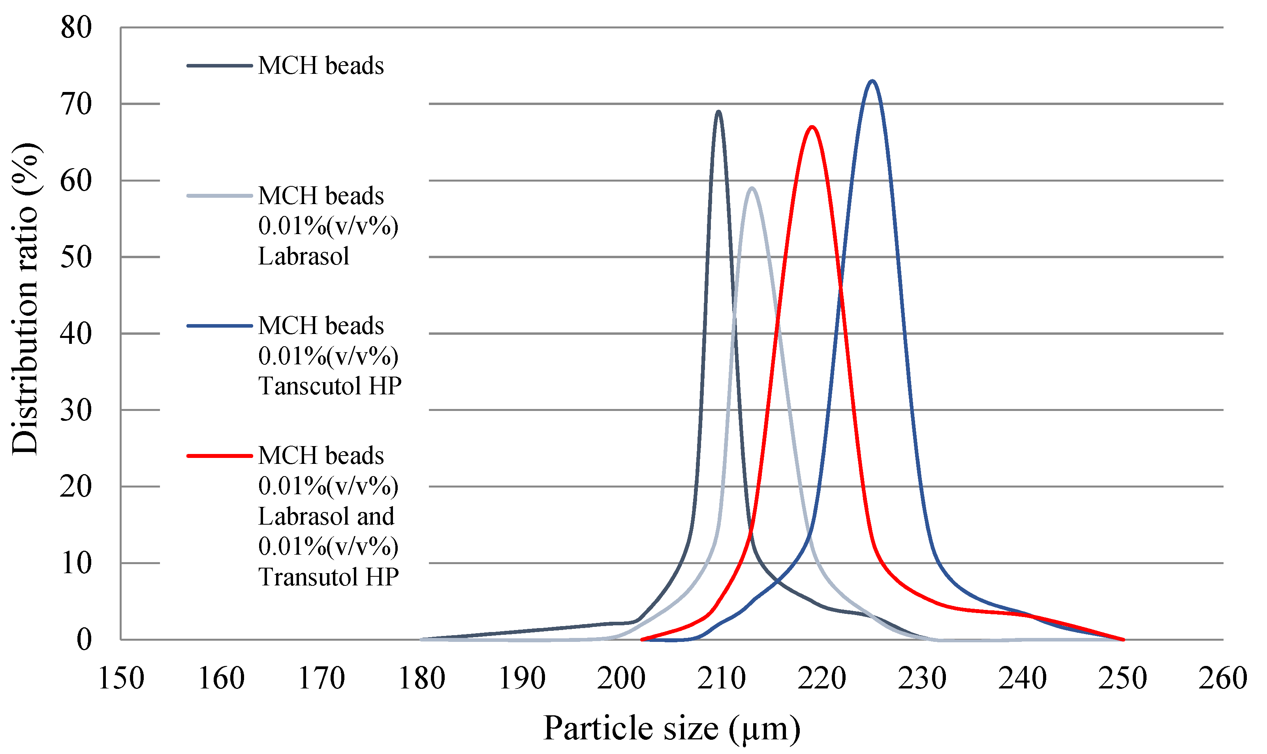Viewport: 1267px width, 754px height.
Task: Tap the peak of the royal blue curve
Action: tap(872, 81)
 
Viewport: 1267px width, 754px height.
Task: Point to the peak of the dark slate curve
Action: tap(718, 111)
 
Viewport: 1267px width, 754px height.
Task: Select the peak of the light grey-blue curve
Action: tap(751, 188)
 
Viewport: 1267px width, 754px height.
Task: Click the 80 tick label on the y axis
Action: tap(76, 28)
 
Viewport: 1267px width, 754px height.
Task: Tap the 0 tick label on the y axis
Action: tap(84, 640)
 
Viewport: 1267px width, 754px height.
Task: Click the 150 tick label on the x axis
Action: tap(121, 678)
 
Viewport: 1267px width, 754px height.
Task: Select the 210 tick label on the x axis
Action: tap(722, 678)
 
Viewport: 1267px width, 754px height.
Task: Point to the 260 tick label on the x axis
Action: tap(1223, 678)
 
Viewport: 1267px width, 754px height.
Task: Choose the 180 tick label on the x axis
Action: tap(421, 678)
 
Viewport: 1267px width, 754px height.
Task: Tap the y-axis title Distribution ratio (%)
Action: tap(25, 299)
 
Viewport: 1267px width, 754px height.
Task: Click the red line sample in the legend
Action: tap(220, 456)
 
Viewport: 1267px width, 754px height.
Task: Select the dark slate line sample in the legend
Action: tap(220, 66)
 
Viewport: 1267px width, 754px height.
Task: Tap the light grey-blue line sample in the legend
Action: tap(220, 196)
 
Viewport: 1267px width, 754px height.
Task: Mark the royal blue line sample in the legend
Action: tap(220, 326)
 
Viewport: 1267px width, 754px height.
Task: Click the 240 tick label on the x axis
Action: tap(1023, 678)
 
